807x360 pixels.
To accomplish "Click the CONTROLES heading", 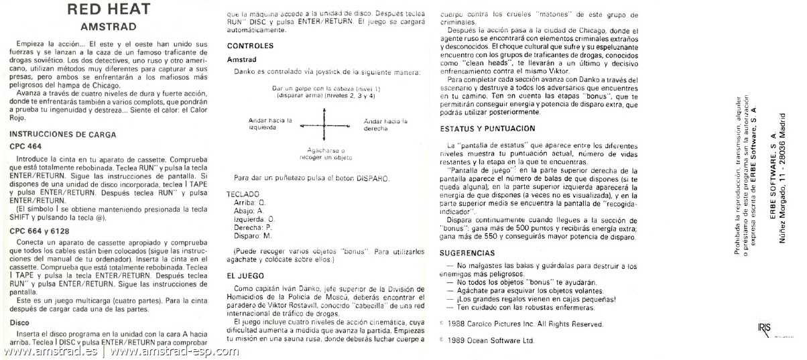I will click(x=251, y=46).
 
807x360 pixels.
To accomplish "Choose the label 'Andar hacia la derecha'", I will click(x=385, y=124).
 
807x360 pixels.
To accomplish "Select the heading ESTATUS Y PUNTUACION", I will click(x=487, y=128).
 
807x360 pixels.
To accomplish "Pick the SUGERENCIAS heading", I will click(x=467, y=253).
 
